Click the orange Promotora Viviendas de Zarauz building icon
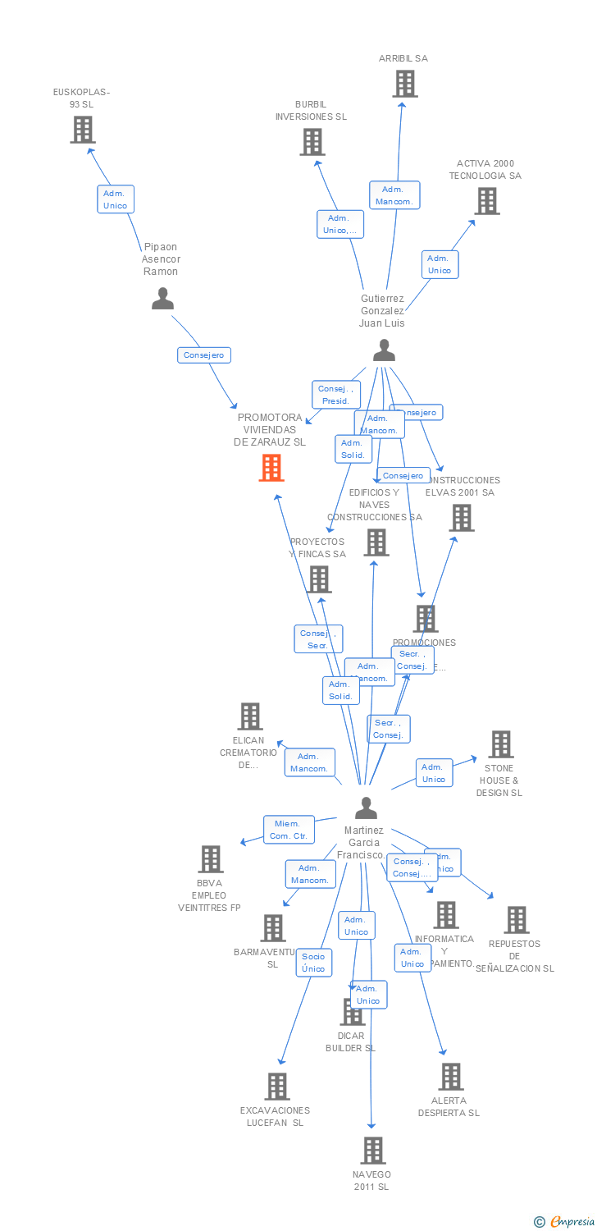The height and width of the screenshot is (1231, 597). (x=271, y=468)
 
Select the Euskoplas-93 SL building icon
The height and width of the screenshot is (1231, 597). (x=82, y=130)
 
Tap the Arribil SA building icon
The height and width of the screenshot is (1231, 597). (x=404, y=84)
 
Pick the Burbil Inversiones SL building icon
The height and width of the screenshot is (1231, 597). (x=312, y=142)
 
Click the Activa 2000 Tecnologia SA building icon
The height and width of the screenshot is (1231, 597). (x=486, y=201)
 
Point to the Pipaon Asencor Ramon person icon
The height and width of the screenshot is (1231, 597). (x=162, y=299)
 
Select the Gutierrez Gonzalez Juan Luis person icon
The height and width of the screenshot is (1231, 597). (x=384, y=350)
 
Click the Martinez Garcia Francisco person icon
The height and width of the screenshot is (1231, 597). (x=366, y=808)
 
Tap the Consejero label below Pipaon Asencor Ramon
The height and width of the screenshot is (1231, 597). (x=204, y=355)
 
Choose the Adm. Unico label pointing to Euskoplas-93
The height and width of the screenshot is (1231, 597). (x=115, y=199)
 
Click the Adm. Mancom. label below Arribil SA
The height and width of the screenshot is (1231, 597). (x=394, y=195)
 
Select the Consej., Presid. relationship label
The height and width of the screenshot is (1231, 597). (x=336, y=395)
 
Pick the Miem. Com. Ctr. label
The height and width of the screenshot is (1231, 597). (x=289, y=830)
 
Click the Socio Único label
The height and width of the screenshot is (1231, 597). (x=313, y=963)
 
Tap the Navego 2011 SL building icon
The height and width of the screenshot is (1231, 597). (x=373, y=1151)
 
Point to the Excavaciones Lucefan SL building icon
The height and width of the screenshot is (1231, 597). (x=277, y=1087)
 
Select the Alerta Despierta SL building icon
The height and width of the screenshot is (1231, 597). (x=450, y=1077)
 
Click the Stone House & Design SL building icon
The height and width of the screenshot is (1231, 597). (x=500, y=744)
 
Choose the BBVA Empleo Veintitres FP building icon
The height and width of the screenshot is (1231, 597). (x=211, y=859)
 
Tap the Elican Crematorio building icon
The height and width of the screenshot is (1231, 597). (x=250, y=716)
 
